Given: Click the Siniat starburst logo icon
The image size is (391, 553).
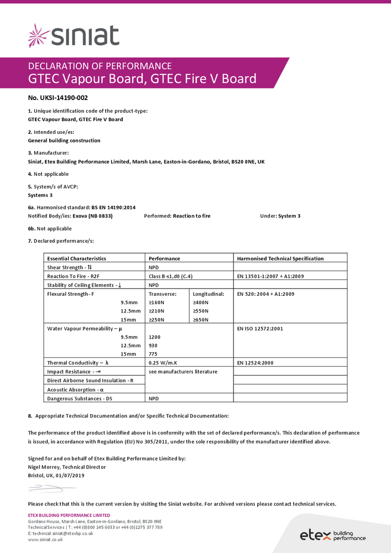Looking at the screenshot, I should [39, 35].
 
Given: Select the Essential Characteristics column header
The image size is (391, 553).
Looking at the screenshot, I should [76, 258].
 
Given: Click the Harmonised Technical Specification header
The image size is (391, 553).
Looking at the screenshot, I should [280, 258].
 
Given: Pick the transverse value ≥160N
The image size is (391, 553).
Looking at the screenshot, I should [158, 302].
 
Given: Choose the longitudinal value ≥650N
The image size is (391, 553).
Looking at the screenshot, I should [201, 320].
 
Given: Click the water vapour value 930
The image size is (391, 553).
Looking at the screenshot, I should [154, 345].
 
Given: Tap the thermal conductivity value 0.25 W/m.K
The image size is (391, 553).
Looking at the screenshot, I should [166, 363].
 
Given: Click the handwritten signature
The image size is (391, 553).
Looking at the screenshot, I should [49, 488].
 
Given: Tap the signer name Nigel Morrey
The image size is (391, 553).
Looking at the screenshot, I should [43, 467].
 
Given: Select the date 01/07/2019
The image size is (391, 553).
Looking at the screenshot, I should [70, 475].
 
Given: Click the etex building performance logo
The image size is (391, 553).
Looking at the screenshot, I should [332, 535].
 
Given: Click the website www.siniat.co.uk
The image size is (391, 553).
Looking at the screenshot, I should [45, 539].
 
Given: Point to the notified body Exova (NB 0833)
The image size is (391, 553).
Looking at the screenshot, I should [92, 216].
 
